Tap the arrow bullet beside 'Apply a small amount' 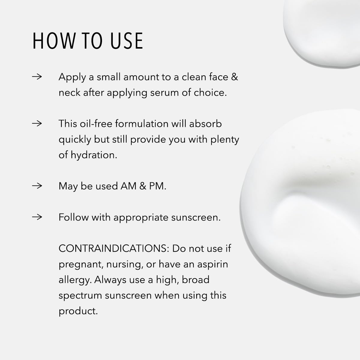37,77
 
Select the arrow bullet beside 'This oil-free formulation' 37,123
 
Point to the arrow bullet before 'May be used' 37,186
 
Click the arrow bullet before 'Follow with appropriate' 37,217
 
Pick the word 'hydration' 94,155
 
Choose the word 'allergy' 75,280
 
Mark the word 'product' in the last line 78,311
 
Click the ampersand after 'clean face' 235,77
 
